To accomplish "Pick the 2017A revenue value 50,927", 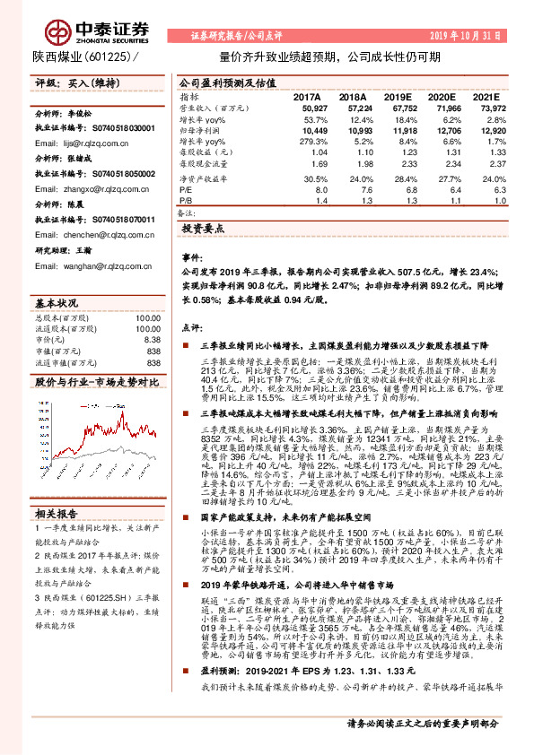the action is click(308, 106).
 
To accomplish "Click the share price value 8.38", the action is click(153, 340).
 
